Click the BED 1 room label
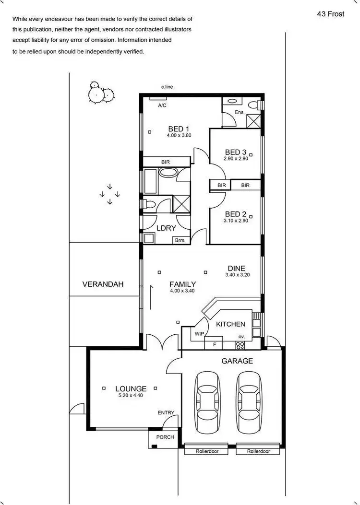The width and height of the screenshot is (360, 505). point(179,129)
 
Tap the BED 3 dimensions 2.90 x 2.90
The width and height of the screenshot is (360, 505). point(236,159)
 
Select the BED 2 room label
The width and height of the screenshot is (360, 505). point(236,214)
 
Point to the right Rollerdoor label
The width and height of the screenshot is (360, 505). point(259,451)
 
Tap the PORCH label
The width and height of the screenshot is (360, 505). point(165,437)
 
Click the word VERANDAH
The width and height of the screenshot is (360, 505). point(103,284)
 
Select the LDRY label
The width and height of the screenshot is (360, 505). point(166,228)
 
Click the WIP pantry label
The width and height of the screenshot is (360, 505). point(199,333)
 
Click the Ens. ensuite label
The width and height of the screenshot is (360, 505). point(240,112)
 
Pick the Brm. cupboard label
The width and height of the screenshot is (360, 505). point(180,240)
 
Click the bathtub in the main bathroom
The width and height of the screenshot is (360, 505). point(168,173)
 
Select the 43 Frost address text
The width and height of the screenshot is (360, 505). point(330,14)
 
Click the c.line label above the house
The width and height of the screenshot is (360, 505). point(167,87)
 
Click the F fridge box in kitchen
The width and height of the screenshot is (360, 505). point(214,344)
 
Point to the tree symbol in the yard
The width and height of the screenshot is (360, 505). point(100,94)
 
